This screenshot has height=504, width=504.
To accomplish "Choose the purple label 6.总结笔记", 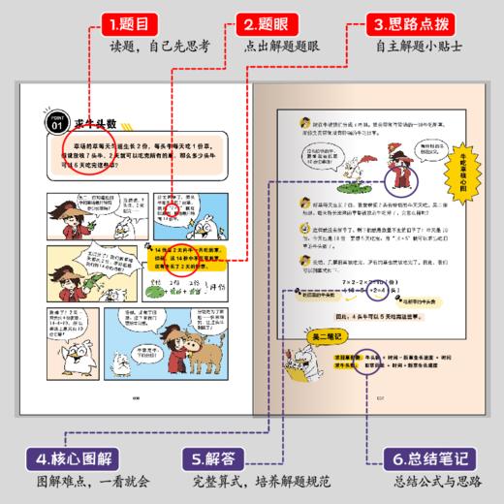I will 428,455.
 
